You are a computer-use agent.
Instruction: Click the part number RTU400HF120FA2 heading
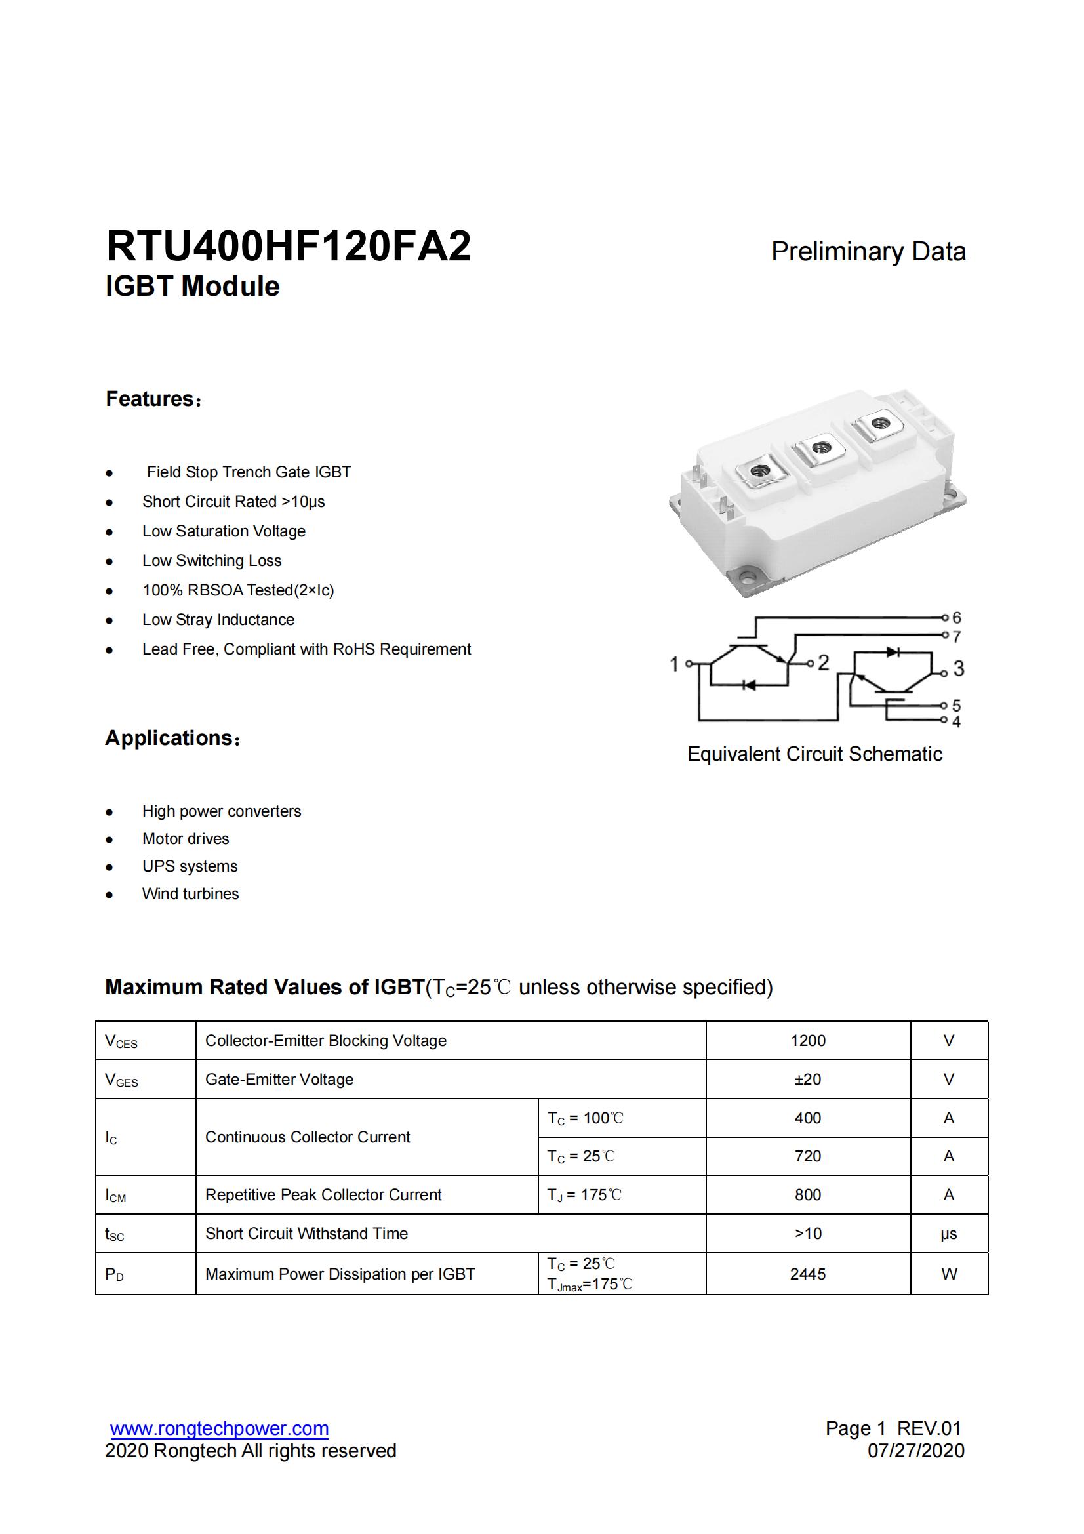click(289, 247)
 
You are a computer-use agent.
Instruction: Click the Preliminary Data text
click(868, 252)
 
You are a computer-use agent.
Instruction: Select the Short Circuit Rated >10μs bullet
click(233, 502)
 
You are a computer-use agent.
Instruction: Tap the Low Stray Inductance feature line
click(218, 620)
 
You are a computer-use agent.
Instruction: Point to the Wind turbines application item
click(190, 894)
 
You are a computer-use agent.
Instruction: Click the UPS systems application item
click(190, 866)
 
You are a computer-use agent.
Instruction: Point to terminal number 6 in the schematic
click(955, 617)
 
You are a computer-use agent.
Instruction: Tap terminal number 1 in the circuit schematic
click(675, 664)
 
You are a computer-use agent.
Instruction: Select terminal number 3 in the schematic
click(959, 668)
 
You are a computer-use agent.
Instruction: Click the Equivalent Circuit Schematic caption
click(814, 754)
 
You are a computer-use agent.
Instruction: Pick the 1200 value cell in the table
click(807, 1041)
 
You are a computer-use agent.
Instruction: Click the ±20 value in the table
click(807, 1080)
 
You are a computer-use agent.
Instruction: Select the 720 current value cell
click(807, 1156)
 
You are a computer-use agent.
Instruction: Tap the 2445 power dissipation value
click(807, 1274)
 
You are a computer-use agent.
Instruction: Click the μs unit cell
click(948, 1234)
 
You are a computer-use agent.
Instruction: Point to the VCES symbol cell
click(121, 1041)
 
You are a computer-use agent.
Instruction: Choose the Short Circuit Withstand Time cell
click(306, 1234)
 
